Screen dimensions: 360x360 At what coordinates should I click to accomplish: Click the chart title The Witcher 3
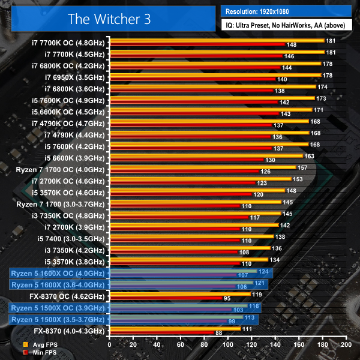(110, 18)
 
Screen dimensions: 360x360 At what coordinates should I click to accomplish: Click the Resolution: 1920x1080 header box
(286, 10)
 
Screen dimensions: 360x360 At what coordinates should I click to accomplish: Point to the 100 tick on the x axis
(227, 346)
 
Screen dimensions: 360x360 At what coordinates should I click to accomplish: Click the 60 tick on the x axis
(180, 346)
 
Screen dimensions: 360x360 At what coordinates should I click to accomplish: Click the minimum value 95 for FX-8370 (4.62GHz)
(227, 298)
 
